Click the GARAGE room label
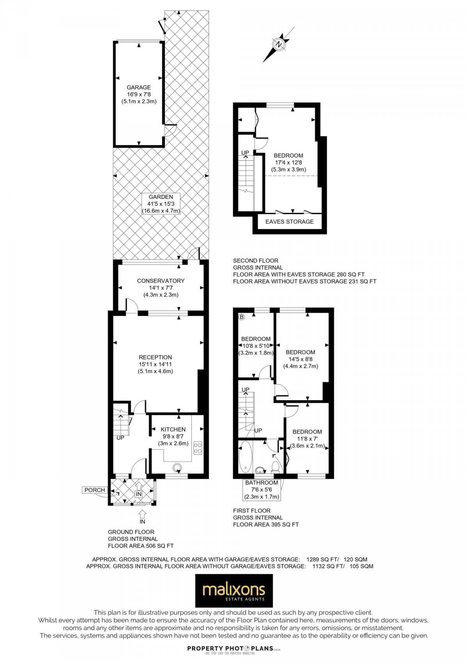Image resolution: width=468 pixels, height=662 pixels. pos(138,88)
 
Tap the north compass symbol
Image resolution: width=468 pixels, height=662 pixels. pos(279,44)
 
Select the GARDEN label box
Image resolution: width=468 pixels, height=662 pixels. pos(161,204)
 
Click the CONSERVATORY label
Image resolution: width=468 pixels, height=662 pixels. pos(161,281)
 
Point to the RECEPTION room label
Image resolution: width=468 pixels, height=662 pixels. pos(155,357)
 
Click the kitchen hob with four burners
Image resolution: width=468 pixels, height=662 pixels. pos(198,448)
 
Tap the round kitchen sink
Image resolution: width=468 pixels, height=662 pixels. pos(177,467)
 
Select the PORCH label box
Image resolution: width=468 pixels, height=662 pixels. pos(94,490)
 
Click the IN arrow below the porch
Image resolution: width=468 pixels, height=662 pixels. pos(142,514)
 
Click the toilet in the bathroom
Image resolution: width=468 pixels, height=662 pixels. pos(276,466)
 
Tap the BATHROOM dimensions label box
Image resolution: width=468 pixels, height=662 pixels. pos(262,490)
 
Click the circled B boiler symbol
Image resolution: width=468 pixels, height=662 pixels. pos(241,317)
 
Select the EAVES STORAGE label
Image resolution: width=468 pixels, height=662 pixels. pos(289,221)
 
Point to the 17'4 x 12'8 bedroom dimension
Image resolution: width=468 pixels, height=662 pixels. pos(289,163)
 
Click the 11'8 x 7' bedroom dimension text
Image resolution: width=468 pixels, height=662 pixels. pos(307,439)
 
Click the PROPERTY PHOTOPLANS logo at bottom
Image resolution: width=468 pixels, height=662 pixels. pos(234,649)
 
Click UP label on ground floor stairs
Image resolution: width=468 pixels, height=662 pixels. pos(120,438)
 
